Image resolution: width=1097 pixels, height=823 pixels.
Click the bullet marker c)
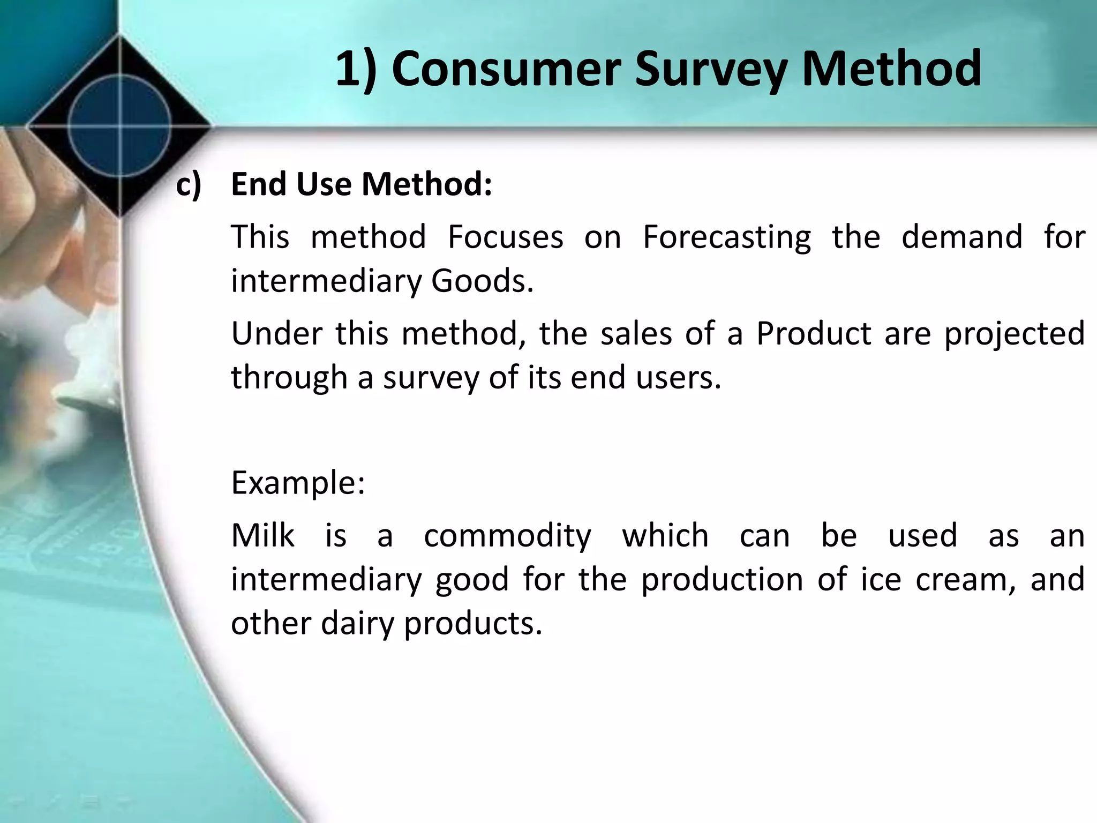point(189,185)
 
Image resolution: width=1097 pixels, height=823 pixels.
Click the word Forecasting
point(726,237)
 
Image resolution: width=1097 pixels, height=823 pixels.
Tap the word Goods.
point(482,281)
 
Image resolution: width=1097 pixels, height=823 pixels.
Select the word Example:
point(298,483)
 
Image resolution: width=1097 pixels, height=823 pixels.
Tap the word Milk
point(262,535)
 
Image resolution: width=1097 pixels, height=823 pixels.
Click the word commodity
point(507,536)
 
